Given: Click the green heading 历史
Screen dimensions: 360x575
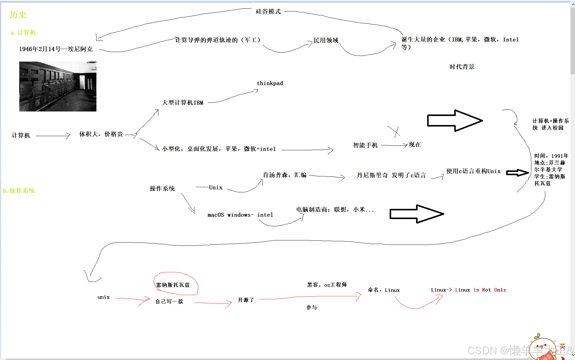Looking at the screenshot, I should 18,14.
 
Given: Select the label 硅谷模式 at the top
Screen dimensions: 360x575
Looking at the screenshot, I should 268,11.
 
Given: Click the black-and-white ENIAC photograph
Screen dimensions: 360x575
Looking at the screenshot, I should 58,87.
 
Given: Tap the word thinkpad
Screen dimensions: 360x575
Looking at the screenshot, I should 270,83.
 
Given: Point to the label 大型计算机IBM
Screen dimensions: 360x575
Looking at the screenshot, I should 182,103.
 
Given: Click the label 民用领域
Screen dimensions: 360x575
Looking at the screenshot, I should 326,40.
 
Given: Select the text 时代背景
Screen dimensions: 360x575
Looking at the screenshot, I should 462,67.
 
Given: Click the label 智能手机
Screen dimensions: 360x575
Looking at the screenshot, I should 365,145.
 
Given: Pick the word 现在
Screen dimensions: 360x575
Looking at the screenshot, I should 415,145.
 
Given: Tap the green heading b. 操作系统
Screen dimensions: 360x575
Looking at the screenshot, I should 19,191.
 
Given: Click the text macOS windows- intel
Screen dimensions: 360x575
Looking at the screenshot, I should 240,215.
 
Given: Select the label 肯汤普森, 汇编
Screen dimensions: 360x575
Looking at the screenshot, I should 284,175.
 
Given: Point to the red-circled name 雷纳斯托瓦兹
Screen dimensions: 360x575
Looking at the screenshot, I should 173,285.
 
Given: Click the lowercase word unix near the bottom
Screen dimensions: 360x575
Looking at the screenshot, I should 103,297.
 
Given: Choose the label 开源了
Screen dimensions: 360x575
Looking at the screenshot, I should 246,300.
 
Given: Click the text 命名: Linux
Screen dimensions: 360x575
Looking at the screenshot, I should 384,290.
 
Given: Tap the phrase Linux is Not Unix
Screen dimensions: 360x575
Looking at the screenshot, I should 480,290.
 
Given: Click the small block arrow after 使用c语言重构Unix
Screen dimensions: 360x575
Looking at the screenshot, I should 517,172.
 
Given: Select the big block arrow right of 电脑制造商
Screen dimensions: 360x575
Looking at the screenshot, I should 416,214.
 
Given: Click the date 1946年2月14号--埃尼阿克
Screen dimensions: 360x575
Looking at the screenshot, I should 56,49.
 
